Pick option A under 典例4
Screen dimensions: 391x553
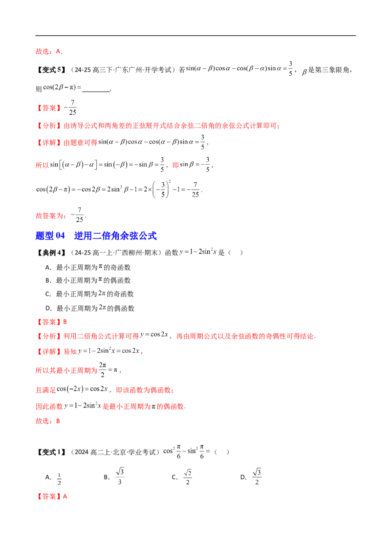[88, 267]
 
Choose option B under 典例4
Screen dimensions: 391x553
[88, 280]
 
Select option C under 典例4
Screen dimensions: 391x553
[89, 294]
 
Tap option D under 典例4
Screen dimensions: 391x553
[90, 308]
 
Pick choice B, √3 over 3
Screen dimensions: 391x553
[114, 476]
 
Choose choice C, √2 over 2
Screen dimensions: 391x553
[182, 477]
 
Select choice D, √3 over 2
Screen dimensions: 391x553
[251, 477]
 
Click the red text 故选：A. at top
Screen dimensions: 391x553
[49, 51]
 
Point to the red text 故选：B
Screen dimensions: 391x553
[47, 421]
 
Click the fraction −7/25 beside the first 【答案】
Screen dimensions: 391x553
[70, 107]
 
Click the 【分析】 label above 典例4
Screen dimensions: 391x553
[49, 126]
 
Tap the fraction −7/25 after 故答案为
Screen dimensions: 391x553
[78, 215]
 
